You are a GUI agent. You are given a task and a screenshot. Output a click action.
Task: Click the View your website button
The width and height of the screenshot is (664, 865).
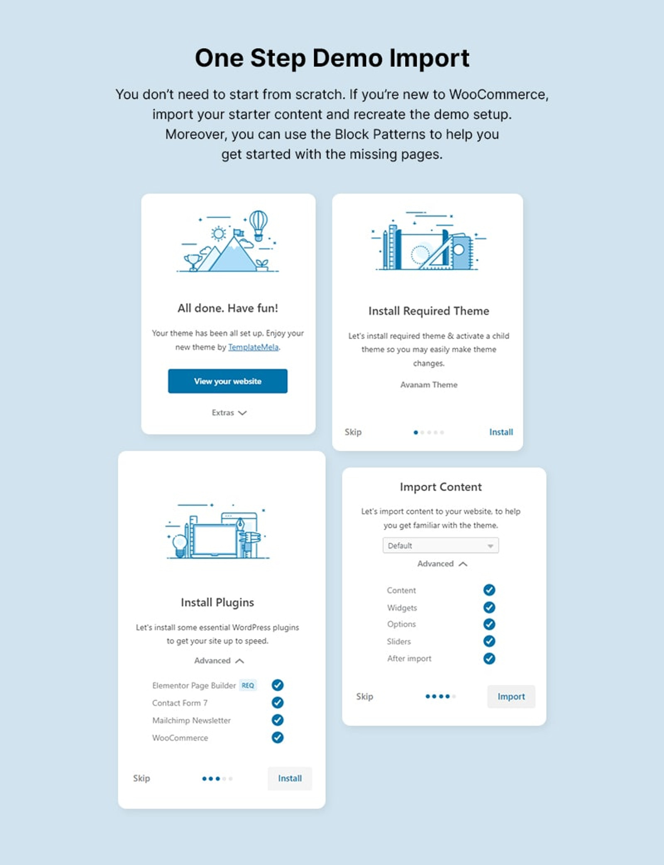pyautogui.click(x=227, y=381)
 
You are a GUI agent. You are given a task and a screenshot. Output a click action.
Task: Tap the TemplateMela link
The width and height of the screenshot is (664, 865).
pyautogui.click(x=253, y=347)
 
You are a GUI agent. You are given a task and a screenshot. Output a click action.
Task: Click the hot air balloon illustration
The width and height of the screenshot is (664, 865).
pyautogui.click(x=258, y=224)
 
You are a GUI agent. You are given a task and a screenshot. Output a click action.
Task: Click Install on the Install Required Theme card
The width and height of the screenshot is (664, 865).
pyautogui.click(x=501, y=432)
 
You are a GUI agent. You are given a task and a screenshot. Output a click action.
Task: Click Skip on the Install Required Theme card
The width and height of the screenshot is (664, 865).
pyautogui.click(x=353, y=432)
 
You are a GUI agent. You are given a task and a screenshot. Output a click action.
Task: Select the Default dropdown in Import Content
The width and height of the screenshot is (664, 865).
pyautogui.click(x=440, y=545)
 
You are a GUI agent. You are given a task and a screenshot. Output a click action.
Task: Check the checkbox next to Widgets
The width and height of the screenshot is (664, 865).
pyautogui.click(x=489, y=608)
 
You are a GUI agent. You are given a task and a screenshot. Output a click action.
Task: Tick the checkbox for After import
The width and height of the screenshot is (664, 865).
pyautogui.click(x=489, y=658)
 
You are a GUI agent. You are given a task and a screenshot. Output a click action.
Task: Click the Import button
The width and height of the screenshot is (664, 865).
pyautogui.click(x=511, y=696)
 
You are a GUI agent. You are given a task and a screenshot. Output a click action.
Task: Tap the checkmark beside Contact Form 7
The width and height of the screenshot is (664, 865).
pyautogui.click(x=277, y=703)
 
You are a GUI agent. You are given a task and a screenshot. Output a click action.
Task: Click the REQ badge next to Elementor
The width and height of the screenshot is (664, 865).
pyautogui.click(x=248, y=685)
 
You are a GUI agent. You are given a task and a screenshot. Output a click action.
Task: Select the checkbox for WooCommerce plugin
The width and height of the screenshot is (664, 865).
pyautogui.click(x=277, y=738)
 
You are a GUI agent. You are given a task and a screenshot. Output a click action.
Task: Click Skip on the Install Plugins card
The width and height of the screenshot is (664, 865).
pyautogui.click(x=141, y=778)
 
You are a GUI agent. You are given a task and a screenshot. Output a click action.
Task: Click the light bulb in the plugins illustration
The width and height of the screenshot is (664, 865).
pyautogui.click(x=180, y=544)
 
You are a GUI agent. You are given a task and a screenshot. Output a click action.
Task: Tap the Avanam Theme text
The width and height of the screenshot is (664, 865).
pyautogui.click(x=429, y=385)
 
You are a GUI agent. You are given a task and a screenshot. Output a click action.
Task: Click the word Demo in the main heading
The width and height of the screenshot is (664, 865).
pyautogui.click(x=347, y=58)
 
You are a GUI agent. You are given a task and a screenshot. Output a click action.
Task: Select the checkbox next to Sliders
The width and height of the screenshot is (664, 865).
pyautogui.click(x=489, y=641)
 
